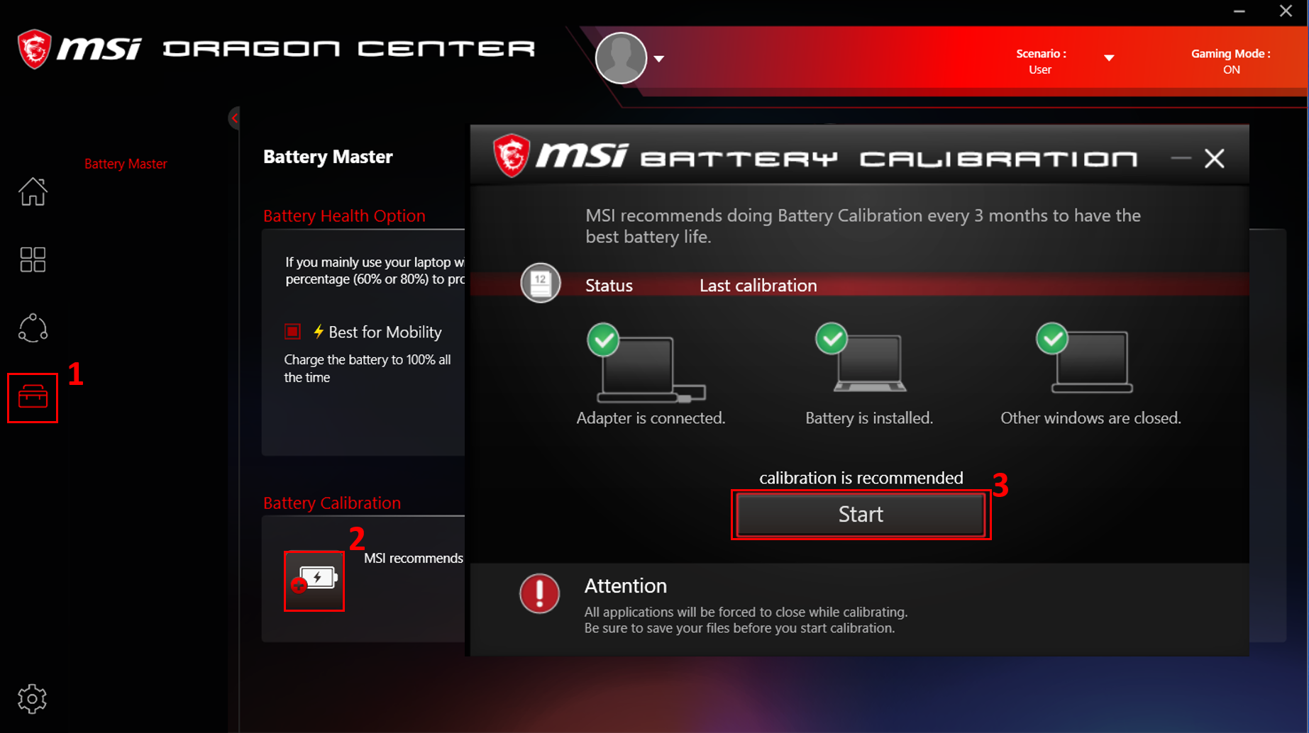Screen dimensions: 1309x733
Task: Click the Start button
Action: [x=861, y=514]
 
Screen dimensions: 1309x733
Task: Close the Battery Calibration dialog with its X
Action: [x=1215, y=158]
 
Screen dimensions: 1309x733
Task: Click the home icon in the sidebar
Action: [x=33, y=191]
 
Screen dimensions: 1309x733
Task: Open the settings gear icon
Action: [x=32, y=699]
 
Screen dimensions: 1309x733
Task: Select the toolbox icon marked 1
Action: [x=33, y=397]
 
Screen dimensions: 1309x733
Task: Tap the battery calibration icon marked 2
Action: [x=314, y=581]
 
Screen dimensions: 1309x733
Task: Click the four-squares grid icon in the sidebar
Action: [x=33, y=259]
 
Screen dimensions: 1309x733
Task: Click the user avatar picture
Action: [x=621, y=58]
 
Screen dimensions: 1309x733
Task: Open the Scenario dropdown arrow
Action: [x=1109, y=58]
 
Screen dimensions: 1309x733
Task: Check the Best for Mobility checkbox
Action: [x=292, y=331]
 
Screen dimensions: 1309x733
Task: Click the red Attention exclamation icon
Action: [x=539, y=593]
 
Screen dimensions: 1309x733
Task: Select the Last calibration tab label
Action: [x=758, y=285]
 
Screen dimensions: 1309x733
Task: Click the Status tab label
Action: [x=609, y=285]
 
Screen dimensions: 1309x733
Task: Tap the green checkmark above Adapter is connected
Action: [x=603, y=340]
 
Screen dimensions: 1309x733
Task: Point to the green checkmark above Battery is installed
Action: [x=832, y=338]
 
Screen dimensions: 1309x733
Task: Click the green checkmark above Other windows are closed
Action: [x=1052, y=338]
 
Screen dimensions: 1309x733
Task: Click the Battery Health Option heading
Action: [x=344, y=216]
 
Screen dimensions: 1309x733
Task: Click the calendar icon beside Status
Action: [x=541, y=283]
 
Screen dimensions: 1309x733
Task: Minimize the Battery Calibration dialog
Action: [x=1181, y=158]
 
